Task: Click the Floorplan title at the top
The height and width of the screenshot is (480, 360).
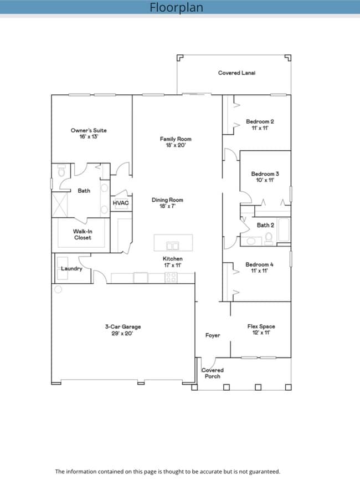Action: [176, 7]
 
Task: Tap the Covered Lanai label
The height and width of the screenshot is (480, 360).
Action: [236, 73]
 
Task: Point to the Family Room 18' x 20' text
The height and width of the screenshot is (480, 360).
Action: [176, 142]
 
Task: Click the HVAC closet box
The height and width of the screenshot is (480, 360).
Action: [121, 203]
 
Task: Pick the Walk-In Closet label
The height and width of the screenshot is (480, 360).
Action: [83, 234]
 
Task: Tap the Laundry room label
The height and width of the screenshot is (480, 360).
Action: [71, 269]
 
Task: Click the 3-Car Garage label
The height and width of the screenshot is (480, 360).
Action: [119, 330]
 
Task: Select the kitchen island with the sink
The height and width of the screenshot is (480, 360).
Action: [173, 243]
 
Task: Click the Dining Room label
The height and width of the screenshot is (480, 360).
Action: [167, 203]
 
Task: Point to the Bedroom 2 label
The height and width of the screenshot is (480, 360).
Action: [260, 125]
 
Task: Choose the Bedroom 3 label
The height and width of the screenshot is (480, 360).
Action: [265, 177]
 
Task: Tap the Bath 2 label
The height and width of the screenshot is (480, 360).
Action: [265, 225]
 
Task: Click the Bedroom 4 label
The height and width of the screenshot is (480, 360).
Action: [259, 268]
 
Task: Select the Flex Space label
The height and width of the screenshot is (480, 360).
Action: [261, 330]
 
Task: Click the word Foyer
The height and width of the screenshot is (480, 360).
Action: [213, 335]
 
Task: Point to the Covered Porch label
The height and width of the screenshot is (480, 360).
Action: [212, 373]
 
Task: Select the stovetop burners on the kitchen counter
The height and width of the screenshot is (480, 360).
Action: [171, 278]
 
